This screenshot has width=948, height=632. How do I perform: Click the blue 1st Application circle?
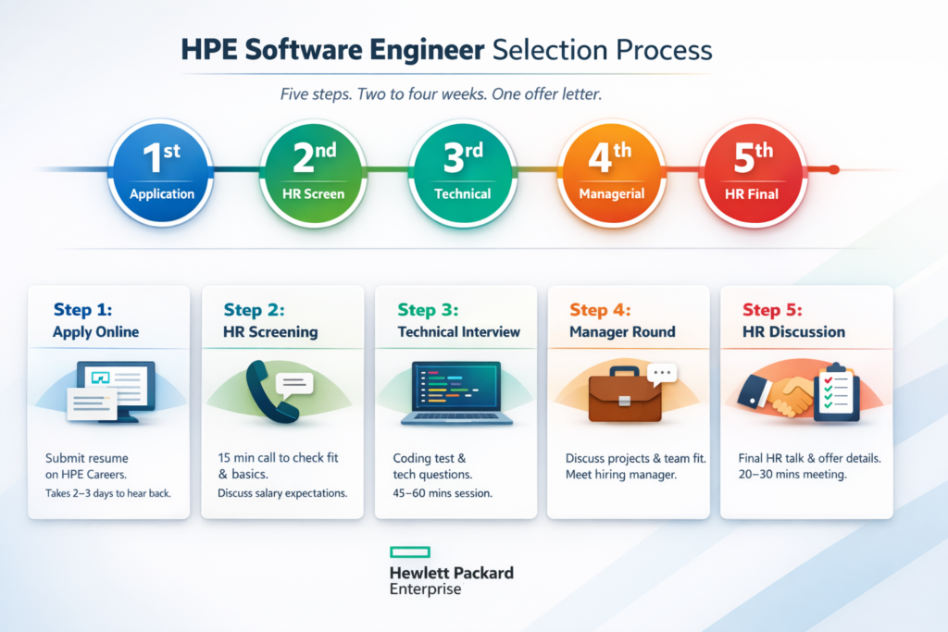pos(161,172)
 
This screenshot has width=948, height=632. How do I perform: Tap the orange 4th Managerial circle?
pos(611,172)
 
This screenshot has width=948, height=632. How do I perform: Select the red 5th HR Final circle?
pos(752,172)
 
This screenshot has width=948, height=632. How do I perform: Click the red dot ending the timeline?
pos(834,169)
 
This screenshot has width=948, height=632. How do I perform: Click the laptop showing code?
pos(456,393)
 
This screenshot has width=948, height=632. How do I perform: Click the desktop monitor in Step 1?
pos(116,390)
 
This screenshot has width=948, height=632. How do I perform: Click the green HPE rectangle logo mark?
pos(410,551)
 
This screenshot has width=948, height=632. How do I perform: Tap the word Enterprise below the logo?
pos(425,589)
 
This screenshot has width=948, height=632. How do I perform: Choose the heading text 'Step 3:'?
pos(428,310)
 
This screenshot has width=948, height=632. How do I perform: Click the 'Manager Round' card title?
pos(622,331)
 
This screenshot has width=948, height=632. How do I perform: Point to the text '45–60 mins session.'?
pos(443,493)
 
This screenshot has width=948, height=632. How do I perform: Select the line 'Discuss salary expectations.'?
pos(282,493)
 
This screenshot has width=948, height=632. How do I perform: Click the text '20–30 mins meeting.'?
pos(792,475)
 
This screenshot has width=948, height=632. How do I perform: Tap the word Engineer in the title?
pos(427,50)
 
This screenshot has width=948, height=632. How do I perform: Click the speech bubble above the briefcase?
pos(662,374)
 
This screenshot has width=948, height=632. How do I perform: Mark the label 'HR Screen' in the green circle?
pos(313,194)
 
